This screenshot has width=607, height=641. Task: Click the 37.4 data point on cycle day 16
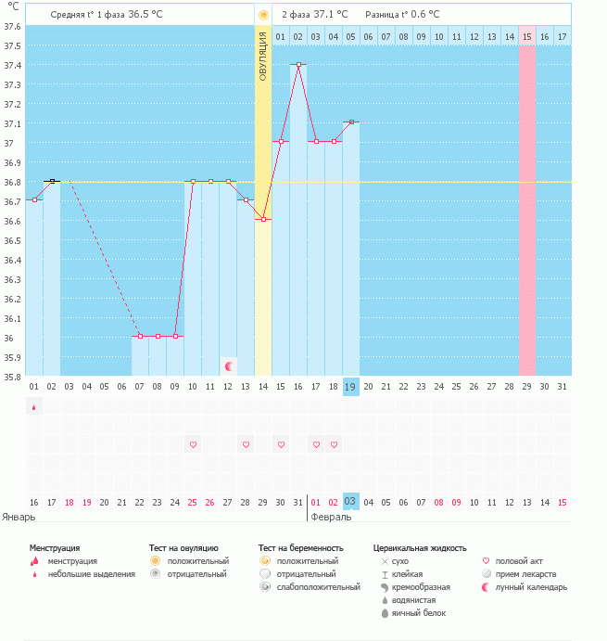point(298,65)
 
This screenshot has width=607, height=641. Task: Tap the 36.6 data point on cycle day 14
point(263,220)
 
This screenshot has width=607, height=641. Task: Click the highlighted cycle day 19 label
point(350,387)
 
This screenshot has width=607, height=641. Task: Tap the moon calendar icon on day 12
point(229,366)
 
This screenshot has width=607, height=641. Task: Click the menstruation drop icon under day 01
point(34,406)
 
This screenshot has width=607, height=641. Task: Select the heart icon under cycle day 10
point(193,445)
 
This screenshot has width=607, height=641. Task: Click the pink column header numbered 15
point(526,36)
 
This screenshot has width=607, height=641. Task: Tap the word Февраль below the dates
point(331,517)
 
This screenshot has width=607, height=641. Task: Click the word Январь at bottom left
point(19,517)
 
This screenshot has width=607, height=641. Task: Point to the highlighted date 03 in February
point(350,502)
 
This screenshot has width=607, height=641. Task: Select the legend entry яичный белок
point(413,613)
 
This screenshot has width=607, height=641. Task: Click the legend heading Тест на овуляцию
point(183,548)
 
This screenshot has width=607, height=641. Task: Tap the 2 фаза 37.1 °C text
point(315,15)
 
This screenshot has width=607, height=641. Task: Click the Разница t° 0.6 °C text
point(403,15)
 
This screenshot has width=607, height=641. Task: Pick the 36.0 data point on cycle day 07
point(140,336)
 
